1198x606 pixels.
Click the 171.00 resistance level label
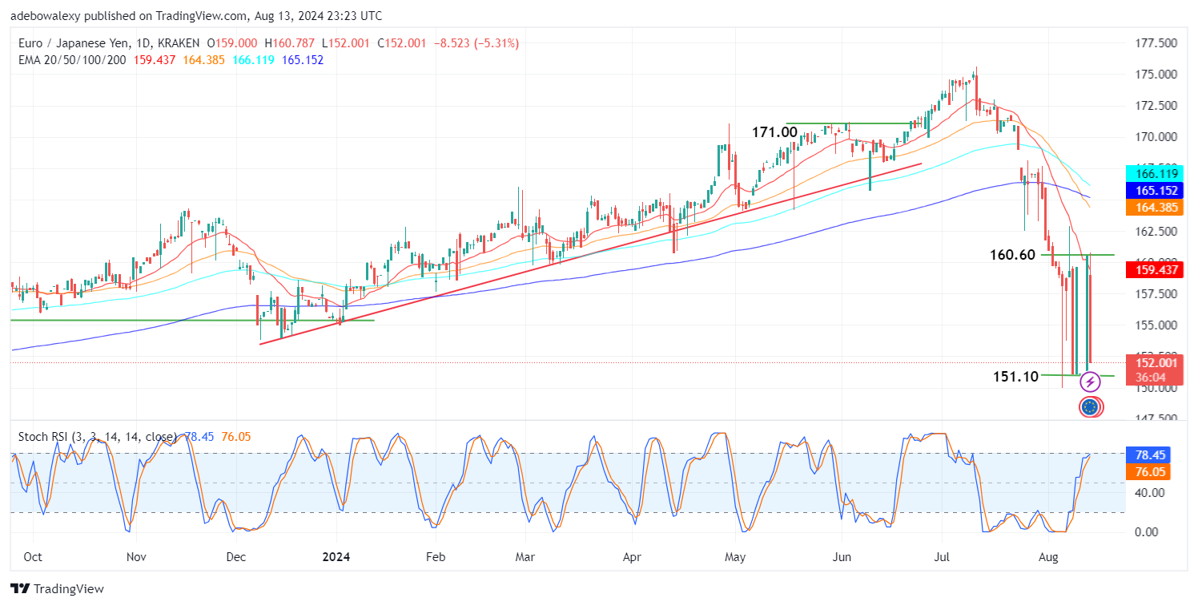(774, 132)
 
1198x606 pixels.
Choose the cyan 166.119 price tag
(1148, 173)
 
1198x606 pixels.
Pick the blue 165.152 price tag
(1148, 191)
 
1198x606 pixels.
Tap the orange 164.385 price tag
(1148, 208)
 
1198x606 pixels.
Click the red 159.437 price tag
(1148, 270)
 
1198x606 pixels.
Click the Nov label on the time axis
(137, 555)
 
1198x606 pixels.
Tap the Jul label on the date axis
(941, 555)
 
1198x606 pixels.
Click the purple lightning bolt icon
(1090, 382)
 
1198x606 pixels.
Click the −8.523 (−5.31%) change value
(476, 43)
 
